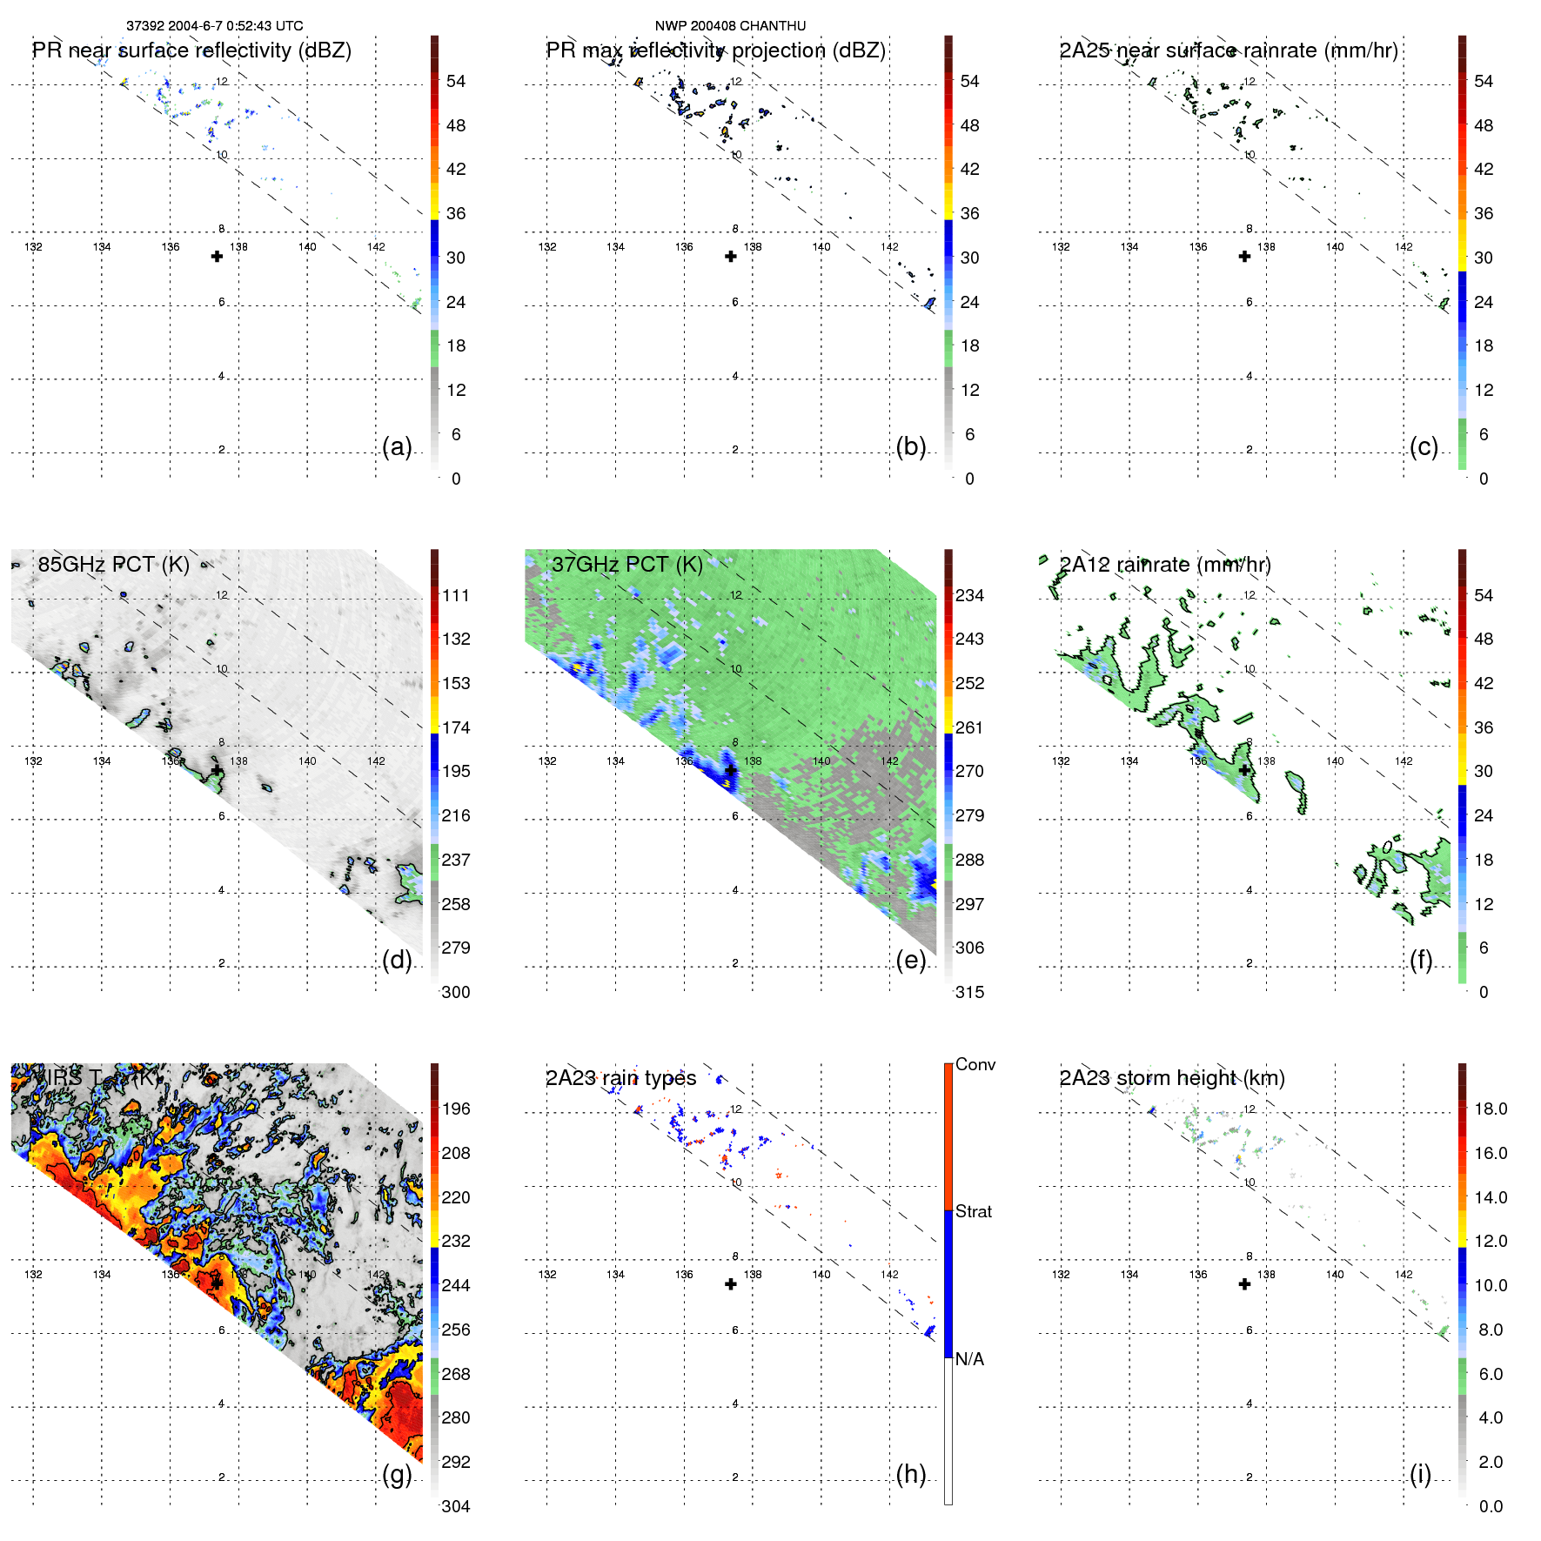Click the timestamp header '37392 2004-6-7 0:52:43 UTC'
(214, 26)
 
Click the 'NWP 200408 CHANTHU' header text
(730, 26)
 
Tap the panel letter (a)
(397, 446)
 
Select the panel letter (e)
(910, 960)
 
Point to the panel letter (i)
(1420, 1474)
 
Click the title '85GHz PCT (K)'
(113, 564)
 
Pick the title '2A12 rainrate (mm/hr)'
(1165, 564)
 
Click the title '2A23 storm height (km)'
(1172, 1077)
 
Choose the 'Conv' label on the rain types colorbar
(975, 1064)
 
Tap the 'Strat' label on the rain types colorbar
(973, 1211)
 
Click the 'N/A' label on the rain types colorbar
(969, 1359)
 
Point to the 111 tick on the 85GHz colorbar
(456, 595)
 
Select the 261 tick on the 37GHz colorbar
(969, 727)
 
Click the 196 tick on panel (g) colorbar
(456, 1109)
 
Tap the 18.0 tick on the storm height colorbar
(1491, 1109)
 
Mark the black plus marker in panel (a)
(217, 256)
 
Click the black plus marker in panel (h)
(731, 1284)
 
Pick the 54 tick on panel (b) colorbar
(969, 81)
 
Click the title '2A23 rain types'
(621, 1077)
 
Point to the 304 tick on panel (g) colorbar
(456, 1506)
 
